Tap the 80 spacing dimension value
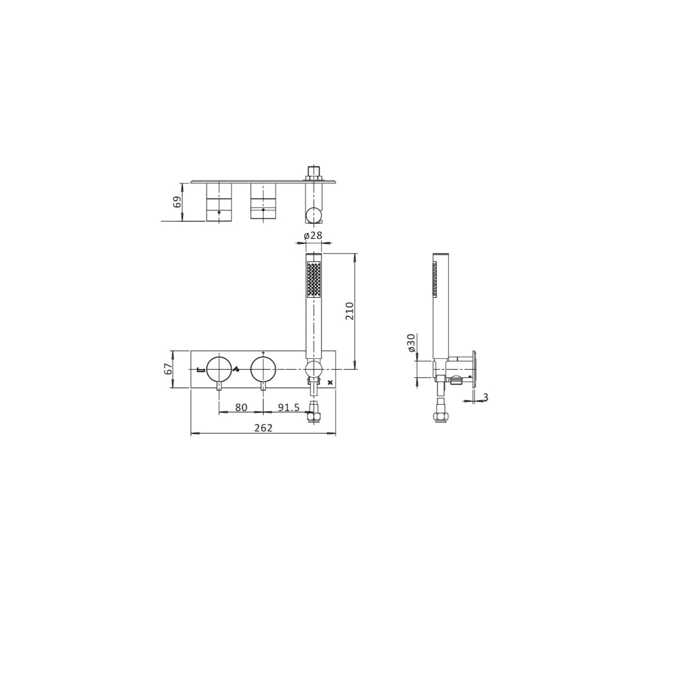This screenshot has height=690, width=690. [x=241, y=408]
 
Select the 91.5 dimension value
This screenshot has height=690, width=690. [x=289, y=408]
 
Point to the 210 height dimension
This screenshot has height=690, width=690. [x=350, y=311]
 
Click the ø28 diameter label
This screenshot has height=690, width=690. [x=313, y=235]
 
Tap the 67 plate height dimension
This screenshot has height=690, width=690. [x=168, y=369]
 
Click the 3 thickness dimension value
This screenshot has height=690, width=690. [x=485, y=397]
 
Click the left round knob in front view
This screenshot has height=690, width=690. [x=218, y=369]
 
